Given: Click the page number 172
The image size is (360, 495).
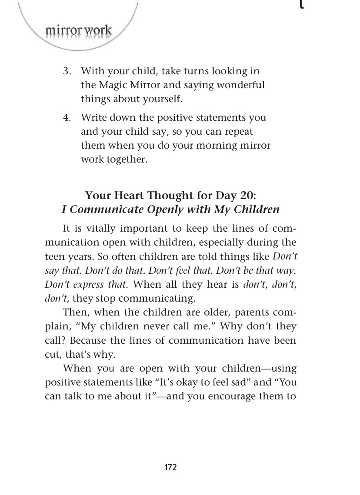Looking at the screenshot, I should point(171,468).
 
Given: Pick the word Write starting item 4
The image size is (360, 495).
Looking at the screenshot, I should point(93,118).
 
